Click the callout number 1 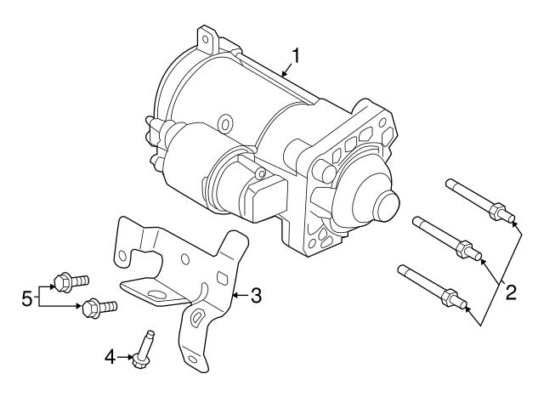[x=297, y=56]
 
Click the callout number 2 [x=511, y=293]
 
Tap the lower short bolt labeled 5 [x=94, y=306]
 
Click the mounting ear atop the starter [x=205, y=38]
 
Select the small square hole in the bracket [x=222, y=278]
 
